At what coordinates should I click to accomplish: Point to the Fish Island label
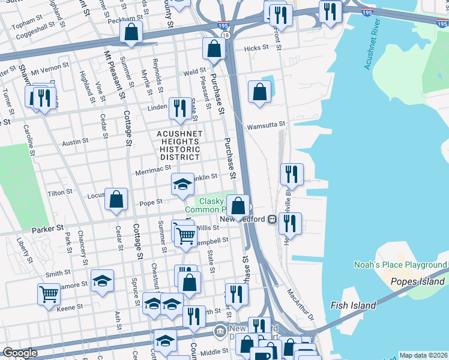(353, 305)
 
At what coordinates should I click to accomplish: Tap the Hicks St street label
(256, 48)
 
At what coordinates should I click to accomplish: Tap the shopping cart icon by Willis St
(186, 235)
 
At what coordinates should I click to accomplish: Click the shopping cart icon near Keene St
(49, 294)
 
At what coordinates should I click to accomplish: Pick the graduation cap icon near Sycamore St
(103, 280)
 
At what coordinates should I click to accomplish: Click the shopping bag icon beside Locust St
(116, 199)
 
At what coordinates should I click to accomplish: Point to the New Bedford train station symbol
(271, 220)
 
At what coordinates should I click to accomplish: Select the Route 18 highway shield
(225, 35)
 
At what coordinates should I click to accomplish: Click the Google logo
(19, 353)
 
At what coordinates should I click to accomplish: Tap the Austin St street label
(75, 142)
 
